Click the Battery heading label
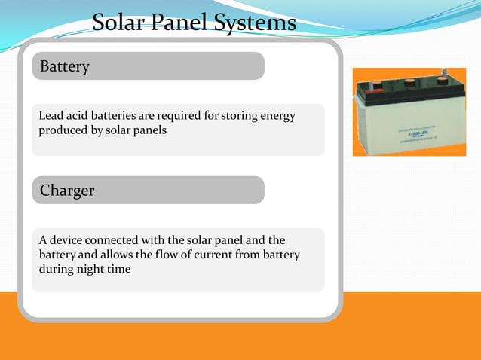click(x=65, y=66)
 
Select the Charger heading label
click(x=67, y=191)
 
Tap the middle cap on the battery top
click(x=411, y=85)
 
